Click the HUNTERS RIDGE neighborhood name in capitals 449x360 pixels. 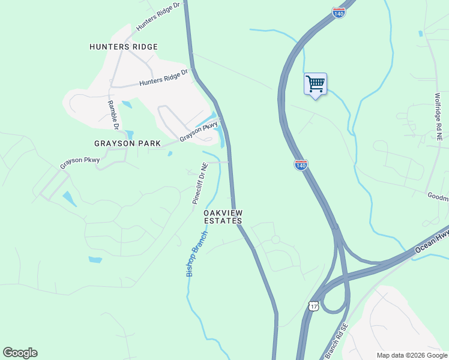124,47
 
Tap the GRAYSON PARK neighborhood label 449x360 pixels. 127,143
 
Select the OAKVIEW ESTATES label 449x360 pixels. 223,217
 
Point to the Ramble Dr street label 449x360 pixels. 112,114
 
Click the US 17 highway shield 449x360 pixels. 313,306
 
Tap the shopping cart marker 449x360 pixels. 315,84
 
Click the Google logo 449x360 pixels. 20,353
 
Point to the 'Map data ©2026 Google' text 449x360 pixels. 411,355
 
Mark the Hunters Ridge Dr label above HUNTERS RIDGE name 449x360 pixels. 158,16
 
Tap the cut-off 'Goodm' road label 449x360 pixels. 438,196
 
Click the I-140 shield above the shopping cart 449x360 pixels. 339,13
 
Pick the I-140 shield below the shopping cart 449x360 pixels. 301,165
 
